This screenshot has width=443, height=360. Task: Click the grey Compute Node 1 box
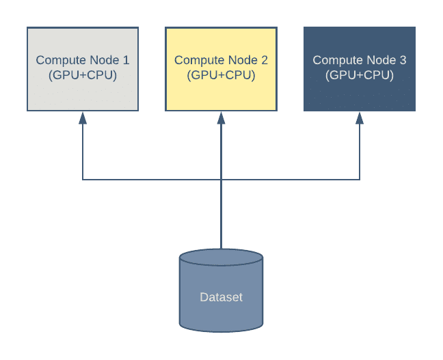point(83,89)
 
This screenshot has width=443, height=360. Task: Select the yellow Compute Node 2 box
point(221,89)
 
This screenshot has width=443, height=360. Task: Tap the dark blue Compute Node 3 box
point(360,89)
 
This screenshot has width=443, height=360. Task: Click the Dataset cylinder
point(221,307)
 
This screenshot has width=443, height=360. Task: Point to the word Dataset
point(221,297)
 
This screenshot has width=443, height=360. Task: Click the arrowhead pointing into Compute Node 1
point(83,117)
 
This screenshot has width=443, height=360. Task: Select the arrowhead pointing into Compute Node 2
point(221,117)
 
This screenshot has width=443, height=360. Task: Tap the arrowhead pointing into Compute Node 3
point(360,117)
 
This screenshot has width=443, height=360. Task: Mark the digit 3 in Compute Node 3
point(403,61)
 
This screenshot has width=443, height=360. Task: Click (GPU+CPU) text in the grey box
point(83,75)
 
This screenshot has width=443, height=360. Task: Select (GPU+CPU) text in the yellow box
point(221,75)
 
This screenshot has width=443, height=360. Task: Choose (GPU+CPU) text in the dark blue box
point(360,75)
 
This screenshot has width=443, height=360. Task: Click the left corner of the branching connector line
point(83,180)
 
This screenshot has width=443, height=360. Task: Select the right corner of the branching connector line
point(360,180)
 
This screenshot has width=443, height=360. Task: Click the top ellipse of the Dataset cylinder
point(221,259)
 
